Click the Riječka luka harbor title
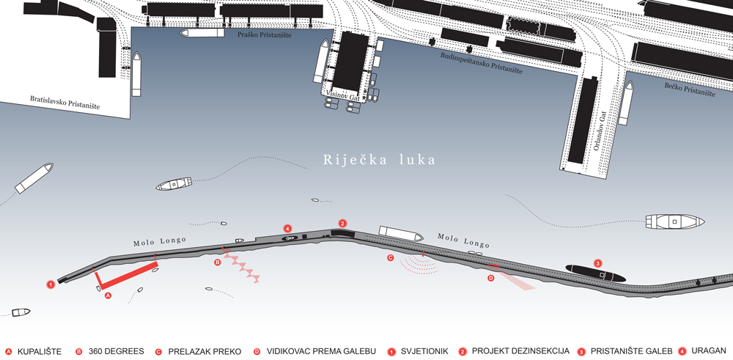click(379, 160)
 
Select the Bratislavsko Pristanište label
click(65, 103)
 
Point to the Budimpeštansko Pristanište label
click(481, 62)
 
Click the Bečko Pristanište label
click(690, 89)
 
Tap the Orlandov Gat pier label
click(600, 131)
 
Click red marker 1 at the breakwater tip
click(51, 284)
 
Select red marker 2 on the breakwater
click(342, 224)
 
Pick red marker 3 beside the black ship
click(597, 262)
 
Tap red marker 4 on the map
click(288, 229)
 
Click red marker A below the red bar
click(108, 295)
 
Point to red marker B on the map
click(218, 262)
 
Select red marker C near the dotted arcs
click(391, 257)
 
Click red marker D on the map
click(491, 278)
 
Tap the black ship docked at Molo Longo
click(595, 273)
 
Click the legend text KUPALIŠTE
click(40, 352)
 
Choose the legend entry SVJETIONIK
click(424, 351)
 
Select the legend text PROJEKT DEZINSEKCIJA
click(520, 350)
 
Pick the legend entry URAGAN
click(709, 350)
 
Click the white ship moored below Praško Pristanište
click(202, 33)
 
